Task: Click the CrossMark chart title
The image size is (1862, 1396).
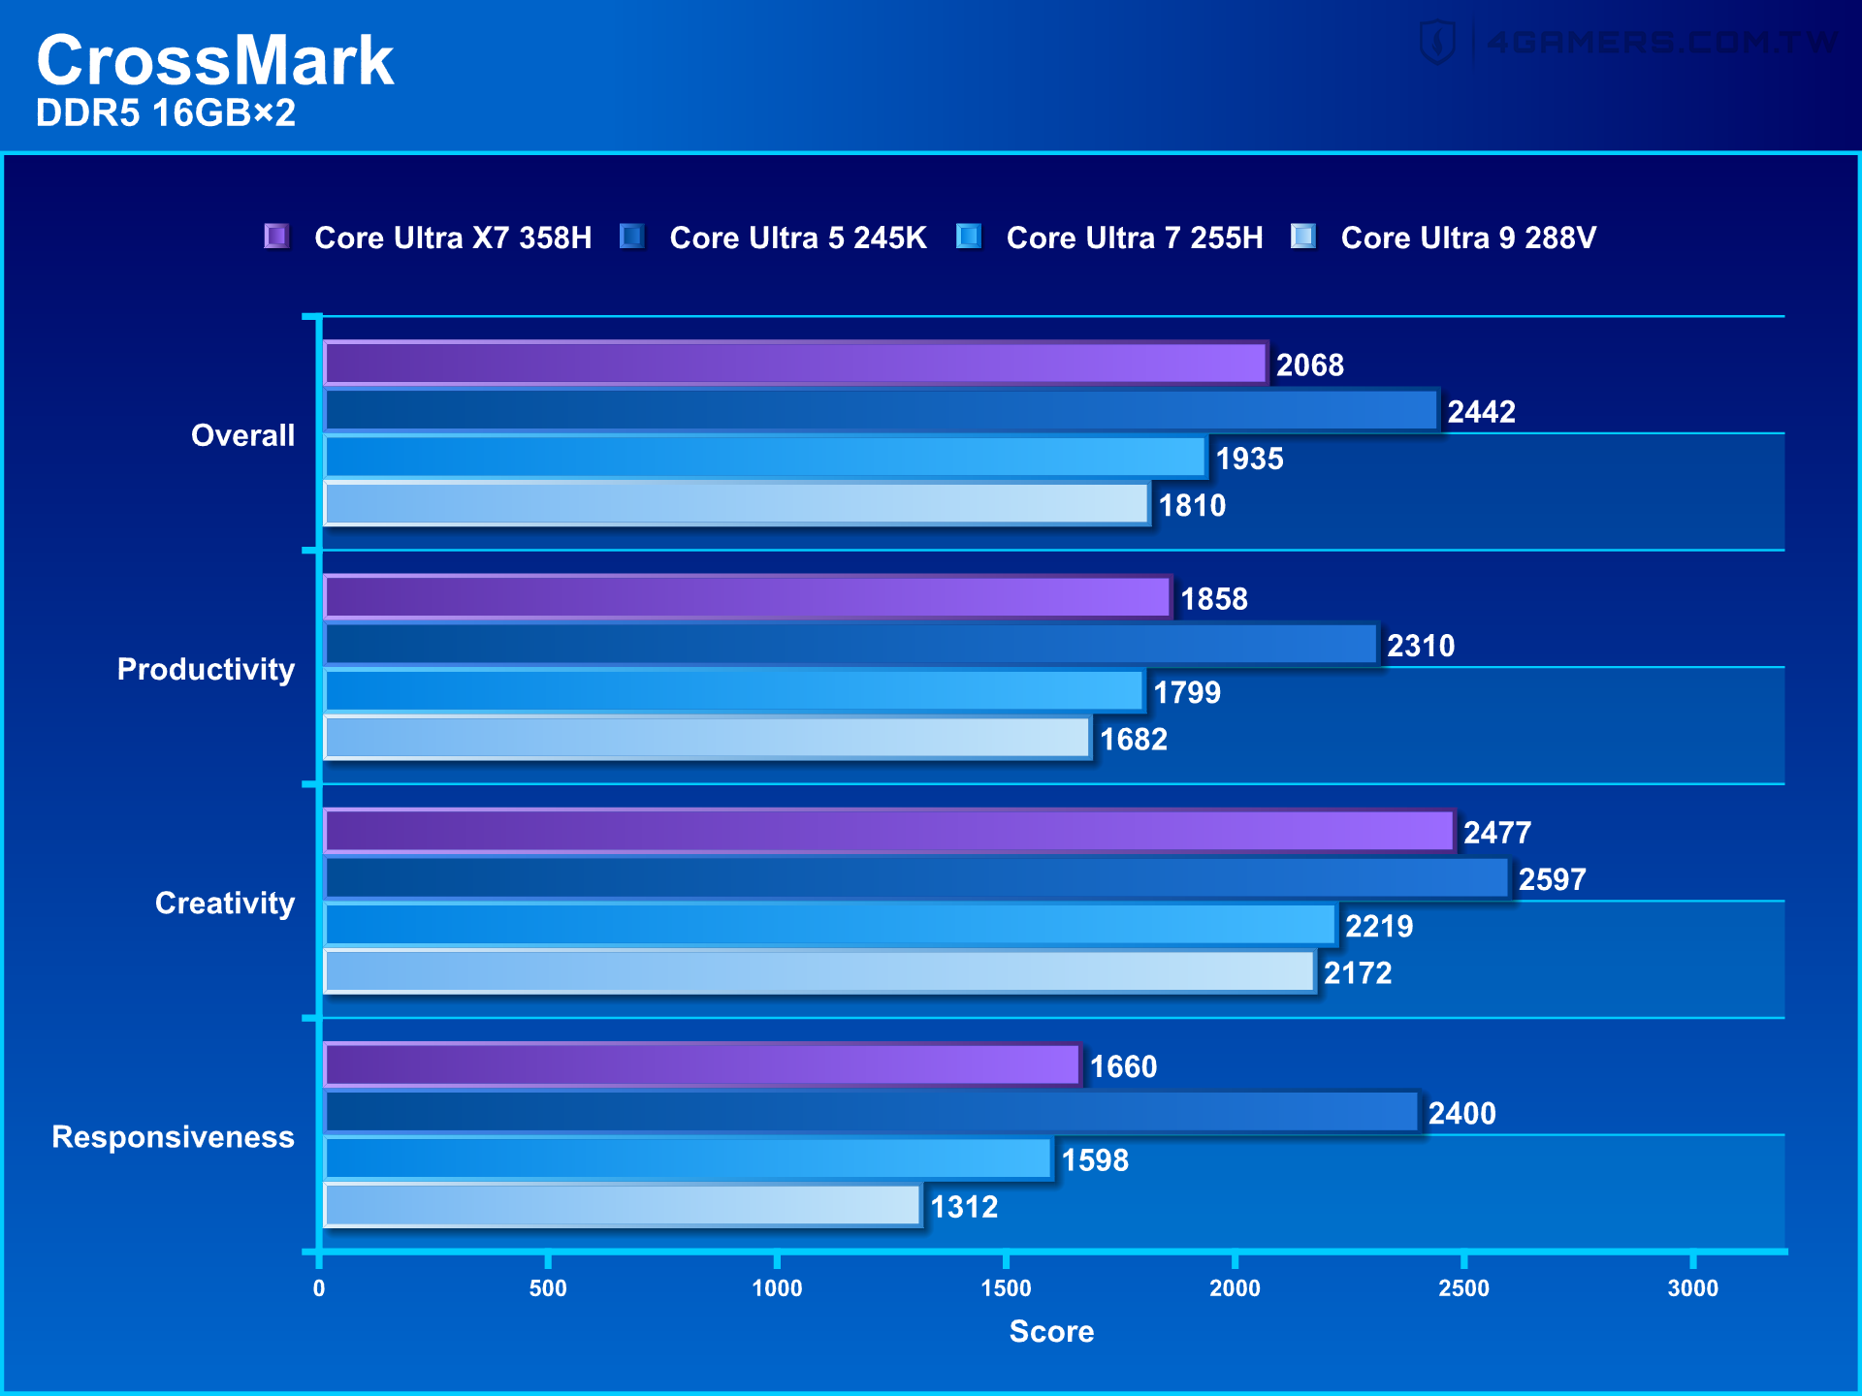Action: coord(214,60)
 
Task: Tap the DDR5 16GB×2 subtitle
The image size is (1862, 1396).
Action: coord(165,113)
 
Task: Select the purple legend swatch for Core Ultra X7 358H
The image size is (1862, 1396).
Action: coord(276,237)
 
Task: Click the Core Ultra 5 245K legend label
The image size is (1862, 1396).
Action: coord(797,238)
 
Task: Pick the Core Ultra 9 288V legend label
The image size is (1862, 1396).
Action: coord(1467,238)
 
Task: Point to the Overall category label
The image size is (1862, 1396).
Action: coord(242,435)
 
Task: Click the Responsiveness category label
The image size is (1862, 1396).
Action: coord(173,1136)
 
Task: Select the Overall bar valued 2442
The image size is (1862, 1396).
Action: coord(881,410)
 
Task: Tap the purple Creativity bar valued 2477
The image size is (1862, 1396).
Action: coord(888,831)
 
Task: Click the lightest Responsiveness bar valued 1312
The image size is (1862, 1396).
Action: coord(622,1205)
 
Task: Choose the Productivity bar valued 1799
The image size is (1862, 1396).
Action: coord(733,691)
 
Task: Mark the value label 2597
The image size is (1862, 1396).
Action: coord(1552,879)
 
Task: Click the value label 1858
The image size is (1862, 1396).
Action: coord(1213,599)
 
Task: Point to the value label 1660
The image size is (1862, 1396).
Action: coord(1123,1066)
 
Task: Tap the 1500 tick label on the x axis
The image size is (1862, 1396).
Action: coord(1006,1288)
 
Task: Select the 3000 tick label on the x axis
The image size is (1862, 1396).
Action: coord(1692,1288)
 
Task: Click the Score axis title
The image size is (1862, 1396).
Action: coord(1051,1331)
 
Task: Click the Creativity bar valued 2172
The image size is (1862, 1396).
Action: coord(819,971)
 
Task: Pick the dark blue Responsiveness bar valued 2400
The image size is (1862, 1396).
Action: coord(871,1112)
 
